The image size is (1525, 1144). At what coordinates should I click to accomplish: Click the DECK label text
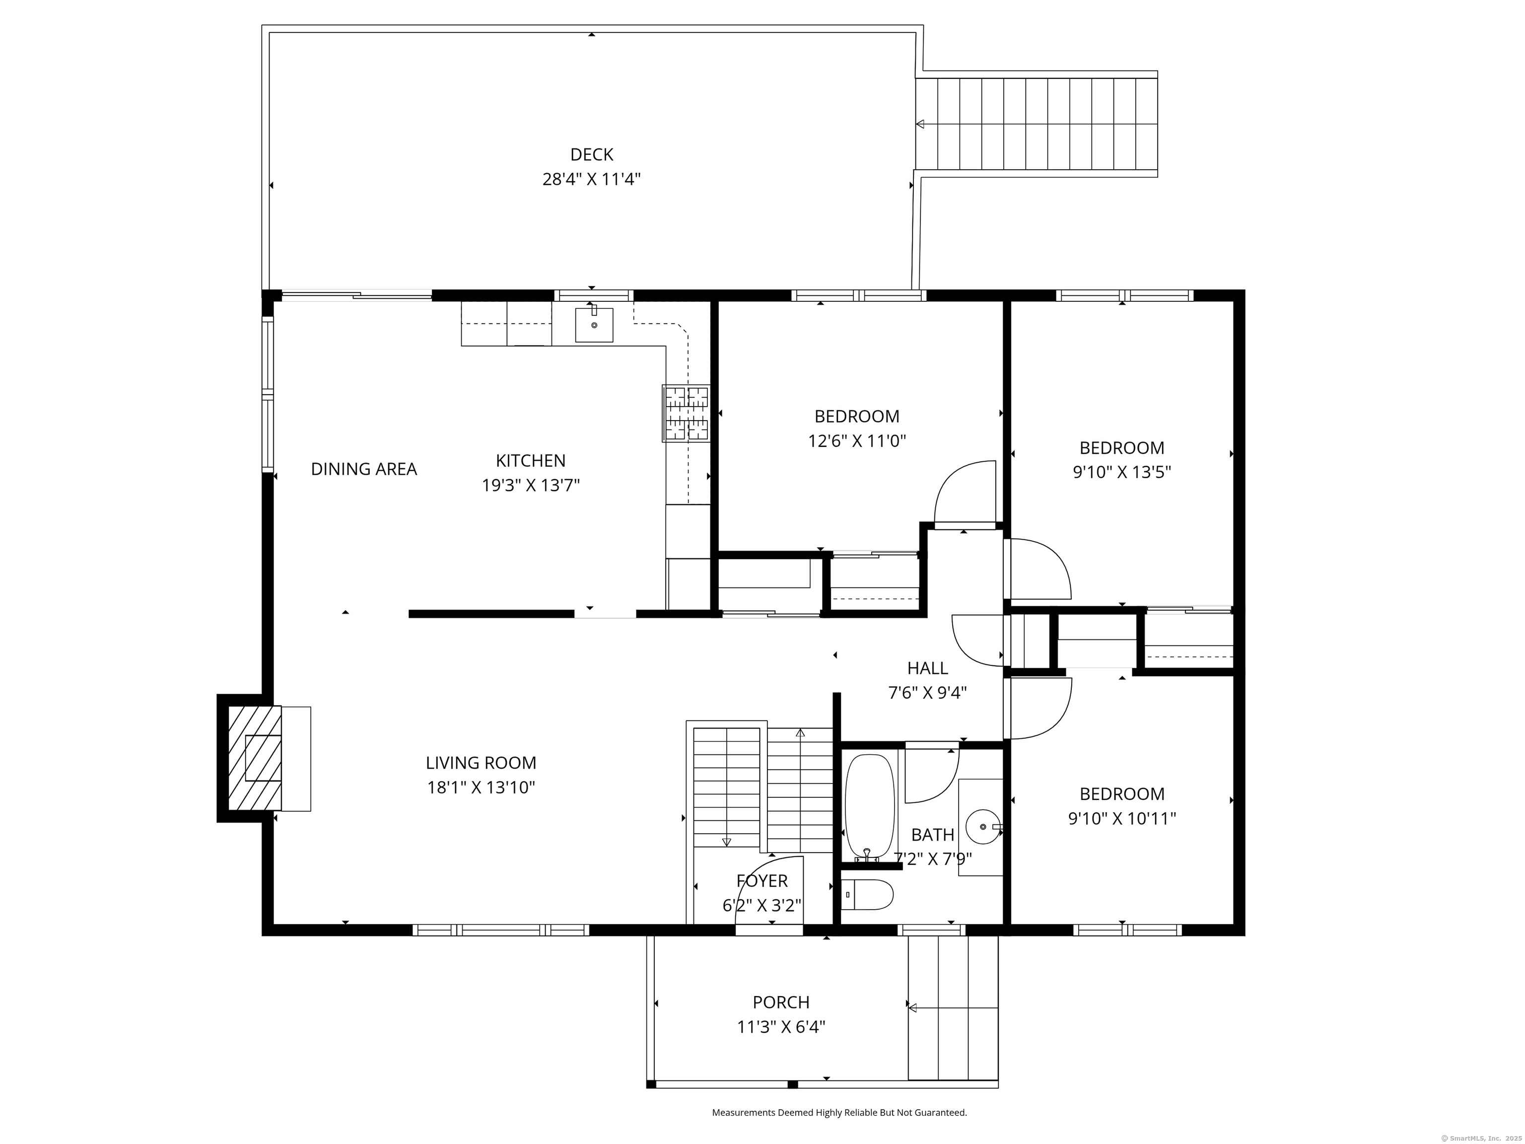click(x=592, y=154)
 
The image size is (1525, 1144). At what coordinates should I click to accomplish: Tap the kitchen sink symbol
click(x=594, y=325)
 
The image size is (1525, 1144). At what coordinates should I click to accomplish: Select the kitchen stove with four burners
click(x=686, y=413)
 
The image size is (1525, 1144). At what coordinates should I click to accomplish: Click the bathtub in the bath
click(x=870, y=807)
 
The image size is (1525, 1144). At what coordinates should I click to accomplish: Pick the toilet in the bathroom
click(x=867, y=894)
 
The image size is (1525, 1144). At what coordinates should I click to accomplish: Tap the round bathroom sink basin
click(x=982, y=826)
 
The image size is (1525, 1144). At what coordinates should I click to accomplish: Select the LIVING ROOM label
click(x=481, y=763)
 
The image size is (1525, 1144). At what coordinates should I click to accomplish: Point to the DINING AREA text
click(x=364, y=469)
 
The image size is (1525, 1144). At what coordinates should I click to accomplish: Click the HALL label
click(x=927, y=667)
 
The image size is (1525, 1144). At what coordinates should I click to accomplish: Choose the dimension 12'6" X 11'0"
click(x=857, y=440)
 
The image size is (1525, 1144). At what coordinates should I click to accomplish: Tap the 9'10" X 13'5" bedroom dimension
click(x=1122, y=472)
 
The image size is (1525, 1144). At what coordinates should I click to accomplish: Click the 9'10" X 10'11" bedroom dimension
click(x=1122, y=818)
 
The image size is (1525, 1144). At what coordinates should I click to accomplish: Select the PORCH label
click(x=781, y=1002)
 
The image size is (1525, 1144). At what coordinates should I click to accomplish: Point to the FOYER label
click(x=762, y=880)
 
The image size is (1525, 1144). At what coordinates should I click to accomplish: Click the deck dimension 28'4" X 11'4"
click(x=592, y=179)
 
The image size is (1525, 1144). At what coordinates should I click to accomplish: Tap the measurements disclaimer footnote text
click(x=839, y=1112)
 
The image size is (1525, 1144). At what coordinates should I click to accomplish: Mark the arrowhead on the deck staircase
click(x=920, y=124)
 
